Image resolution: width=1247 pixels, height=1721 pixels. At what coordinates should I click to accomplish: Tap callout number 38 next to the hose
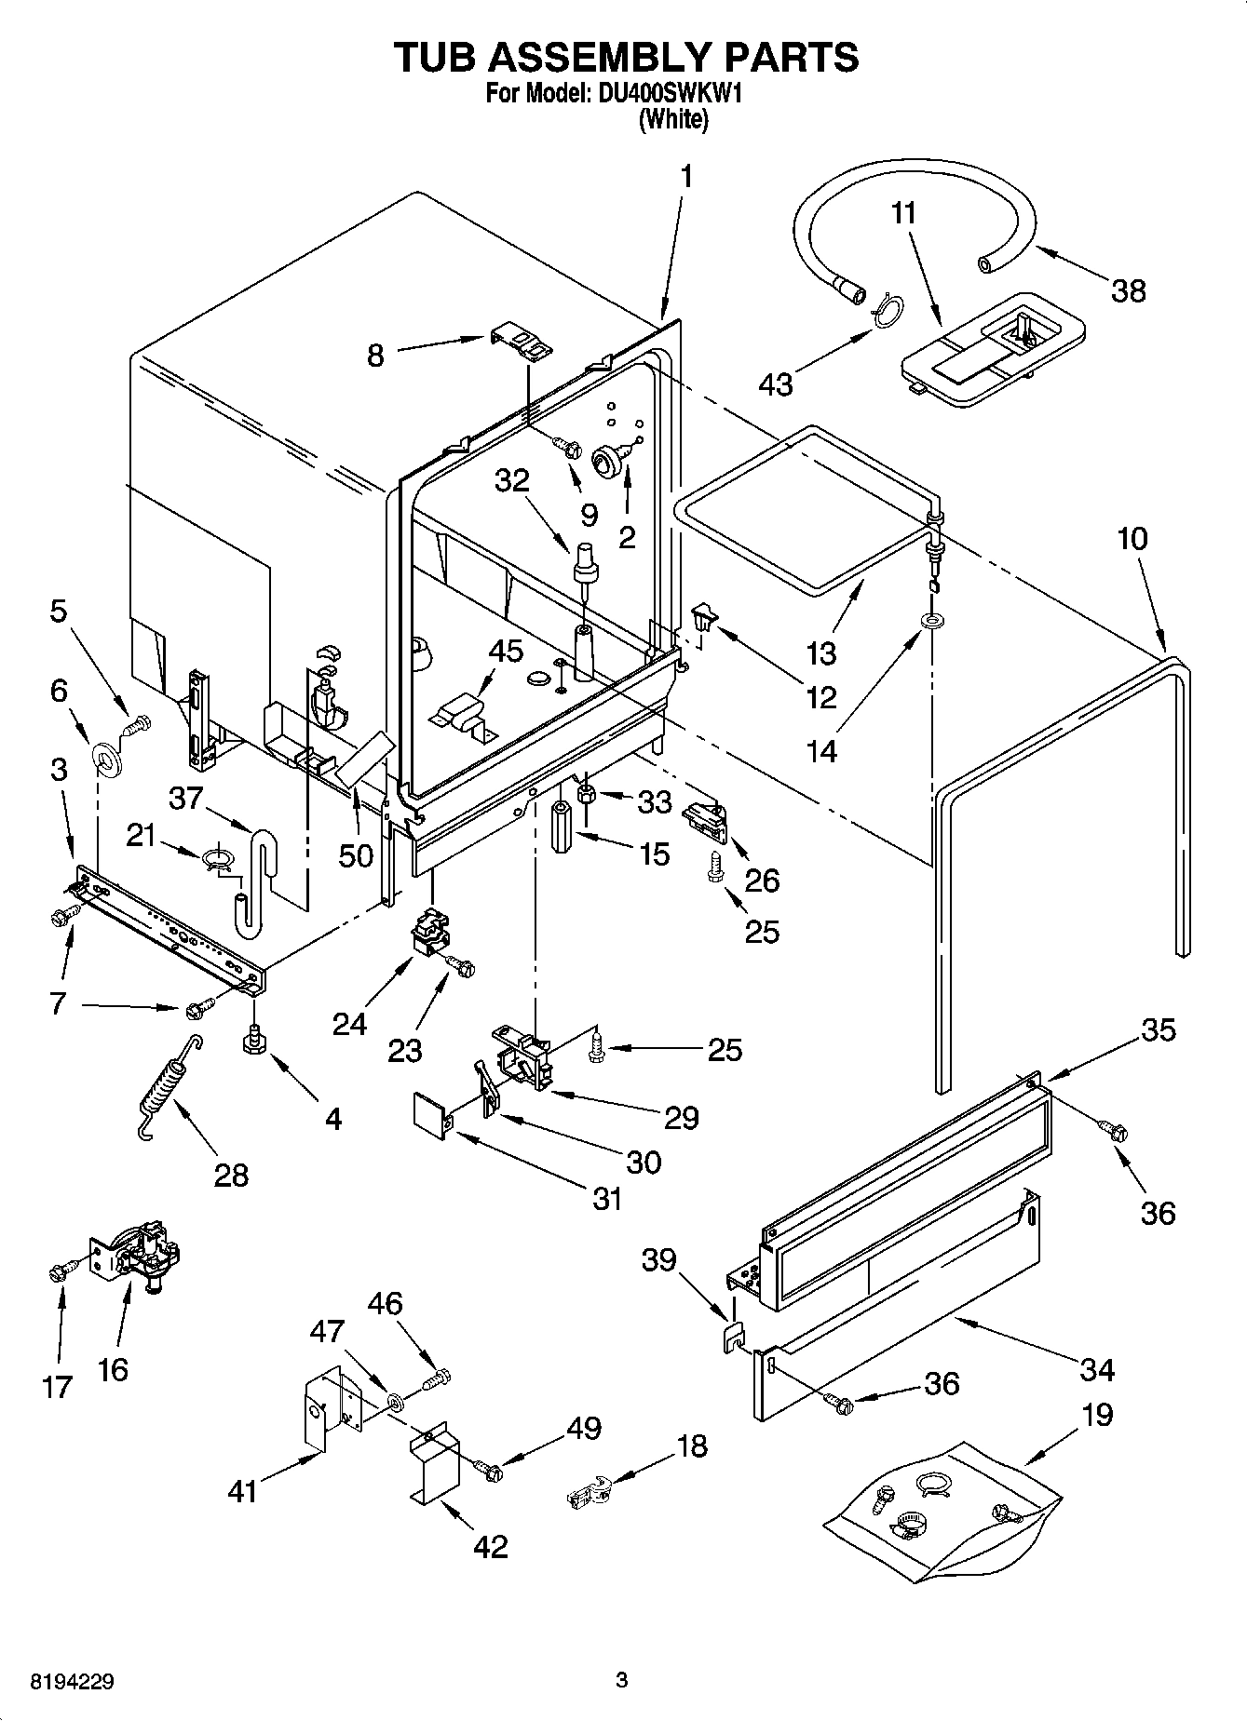[1128, 291]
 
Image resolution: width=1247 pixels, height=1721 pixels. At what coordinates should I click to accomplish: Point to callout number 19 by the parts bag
[1097, 1415]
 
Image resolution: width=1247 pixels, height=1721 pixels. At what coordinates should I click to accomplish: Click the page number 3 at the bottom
[622, 1680]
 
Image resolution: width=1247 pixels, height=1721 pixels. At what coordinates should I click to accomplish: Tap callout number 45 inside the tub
[507, 652]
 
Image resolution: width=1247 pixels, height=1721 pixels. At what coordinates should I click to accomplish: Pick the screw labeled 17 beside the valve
[57, 1272]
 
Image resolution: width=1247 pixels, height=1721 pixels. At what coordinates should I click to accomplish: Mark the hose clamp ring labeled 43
[888, 313]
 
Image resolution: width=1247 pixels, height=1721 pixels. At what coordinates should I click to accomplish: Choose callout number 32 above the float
[511, 480]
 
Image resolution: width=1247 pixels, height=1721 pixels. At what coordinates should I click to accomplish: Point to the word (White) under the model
[672, 119]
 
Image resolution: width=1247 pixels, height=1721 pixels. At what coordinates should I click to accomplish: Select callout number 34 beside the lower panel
[1097, 1369]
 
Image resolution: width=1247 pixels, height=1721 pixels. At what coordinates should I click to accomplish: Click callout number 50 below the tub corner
[355, 854]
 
